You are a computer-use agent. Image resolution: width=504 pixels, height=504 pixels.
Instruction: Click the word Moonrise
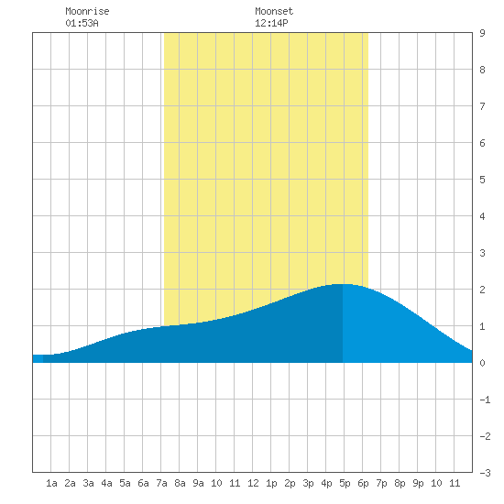point(87,11)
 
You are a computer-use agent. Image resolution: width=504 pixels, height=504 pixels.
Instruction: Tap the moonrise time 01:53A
point(82,23)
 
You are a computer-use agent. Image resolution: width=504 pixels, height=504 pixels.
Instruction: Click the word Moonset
point(274,11)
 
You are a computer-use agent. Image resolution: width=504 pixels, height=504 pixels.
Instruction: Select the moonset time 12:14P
point(271,23)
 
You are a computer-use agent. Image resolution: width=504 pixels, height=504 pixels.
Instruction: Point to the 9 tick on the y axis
point(482,33)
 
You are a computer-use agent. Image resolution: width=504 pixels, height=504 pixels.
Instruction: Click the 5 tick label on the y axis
point(482,180)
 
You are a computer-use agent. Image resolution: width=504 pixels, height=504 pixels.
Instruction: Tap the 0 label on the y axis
point(482,363)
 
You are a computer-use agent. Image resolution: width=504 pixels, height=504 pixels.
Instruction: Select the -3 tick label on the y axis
point(485,473)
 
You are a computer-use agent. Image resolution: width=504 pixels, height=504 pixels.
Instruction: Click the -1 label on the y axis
point(485,400)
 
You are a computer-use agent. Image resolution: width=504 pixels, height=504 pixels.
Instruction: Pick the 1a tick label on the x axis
point(51,483)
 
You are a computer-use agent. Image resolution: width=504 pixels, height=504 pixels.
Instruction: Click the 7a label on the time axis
point(161,483)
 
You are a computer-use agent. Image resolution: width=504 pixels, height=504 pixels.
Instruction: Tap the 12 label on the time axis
point(253,483)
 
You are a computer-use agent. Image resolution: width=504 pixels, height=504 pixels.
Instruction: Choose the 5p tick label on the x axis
point(345,483)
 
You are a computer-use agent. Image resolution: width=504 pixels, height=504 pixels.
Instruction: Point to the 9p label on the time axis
point(418,483)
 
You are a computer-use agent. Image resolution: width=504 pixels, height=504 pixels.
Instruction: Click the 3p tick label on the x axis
point(308,483)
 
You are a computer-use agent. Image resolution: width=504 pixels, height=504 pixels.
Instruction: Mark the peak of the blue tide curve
point(341,284)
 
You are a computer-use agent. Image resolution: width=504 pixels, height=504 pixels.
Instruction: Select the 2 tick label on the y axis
point(482,290)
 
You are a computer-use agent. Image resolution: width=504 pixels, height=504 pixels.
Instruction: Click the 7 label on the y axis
point(482,106)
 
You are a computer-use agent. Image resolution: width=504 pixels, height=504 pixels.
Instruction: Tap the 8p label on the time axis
point(400,483)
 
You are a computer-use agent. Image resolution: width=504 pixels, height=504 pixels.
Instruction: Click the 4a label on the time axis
point(106,483)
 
